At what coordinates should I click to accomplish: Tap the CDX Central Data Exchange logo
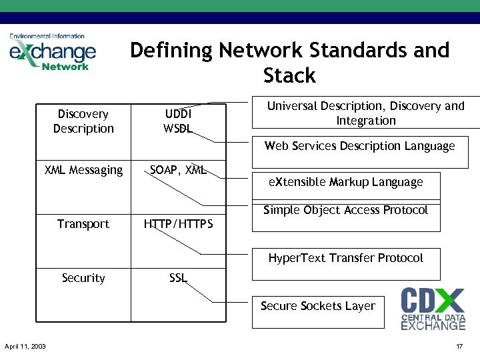[433, 308]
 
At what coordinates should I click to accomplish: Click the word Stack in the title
[289, 75]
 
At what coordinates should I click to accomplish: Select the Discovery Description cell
[83, 121]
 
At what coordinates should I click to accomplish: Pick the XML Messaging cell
[83, 170]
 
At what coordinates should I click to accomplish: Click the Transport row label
[83, 224]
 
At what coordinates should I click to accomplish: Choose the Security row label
[83, 278]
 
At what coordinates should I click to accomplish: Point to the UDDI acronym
[178, 115]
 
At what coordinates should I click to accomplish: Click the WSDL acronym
[178, 129]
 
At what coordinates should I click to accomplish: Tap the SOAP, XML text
[178, 170]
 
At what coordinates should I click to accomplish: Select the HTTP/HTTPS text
[179, 224]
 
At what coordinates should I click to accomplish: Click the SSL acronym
[178, 278]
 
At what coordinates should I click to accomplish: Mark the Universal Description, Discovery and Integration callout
[365, 113]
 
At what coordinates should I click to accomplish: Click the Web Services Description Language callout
[359, 146]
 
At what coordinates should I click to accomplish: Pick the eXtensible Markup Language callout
[345, 182]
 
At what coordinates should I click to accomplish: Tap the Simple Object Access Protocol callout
[345, 211]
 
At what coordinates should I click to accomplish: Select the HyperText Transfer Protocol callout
[345, 258]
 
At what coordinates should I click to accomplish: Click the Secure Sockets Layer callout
[318, 306]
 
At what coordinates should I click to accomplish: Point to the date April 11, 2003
[25, 347]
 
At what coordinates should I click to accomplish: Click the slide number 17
[459, 347]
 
